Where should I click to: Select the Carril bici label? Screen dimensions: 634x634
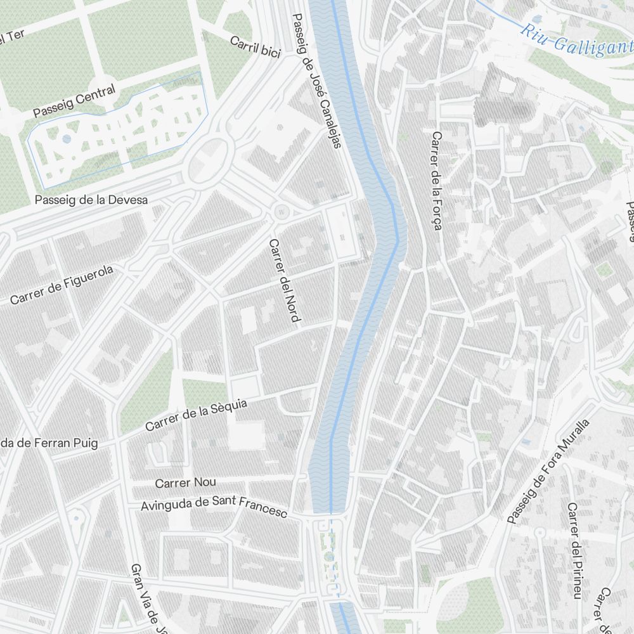click(255, 48)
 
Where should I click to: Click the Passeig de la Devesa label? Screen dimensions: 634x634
click(91, 200)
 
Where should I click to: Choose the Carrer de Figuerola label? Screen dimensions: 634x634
click(61, 285)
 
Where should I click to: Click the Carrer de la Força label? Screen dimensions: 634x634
click(436, 181)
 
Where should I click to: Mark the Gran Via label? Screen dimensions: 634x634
click(147, 598)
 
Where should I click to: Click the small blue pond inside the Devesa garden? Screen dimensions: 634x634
click(67, 139)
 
